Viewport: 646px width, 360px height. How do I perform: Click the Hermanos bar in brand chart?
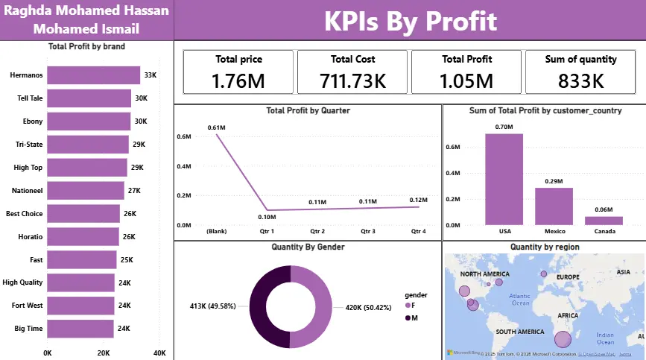point(94,75)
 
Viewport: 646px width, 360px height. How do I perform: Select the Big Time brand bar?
point(80,328)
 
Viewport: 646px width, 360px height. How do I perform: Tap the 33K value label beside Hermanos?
point(151,75)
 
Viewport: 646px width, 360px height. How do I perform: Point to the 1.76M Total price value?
point(238,80)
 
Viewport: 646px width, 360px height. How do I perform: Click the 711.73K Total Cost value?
point(352,80)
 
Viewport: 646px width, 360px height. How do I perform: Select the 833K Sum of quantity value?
point(581,80)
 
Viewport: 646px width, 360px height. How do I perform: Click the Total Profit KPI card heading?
point(466,59)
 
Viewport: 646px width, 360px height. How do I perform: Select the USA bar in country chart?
point(504,179)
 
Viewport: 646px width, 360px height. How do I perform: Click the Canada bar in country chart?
point(604,221)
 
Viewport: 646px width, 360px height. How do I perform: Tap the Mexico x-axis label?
point(554,232)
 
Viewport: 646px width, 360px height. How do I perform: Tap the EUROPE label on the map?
point(567,277)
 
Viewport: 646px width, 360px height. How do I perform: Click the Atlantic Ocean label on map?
point(519,300)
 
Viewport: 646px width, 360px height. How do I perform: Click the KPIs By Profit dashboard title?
point(409,21)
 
